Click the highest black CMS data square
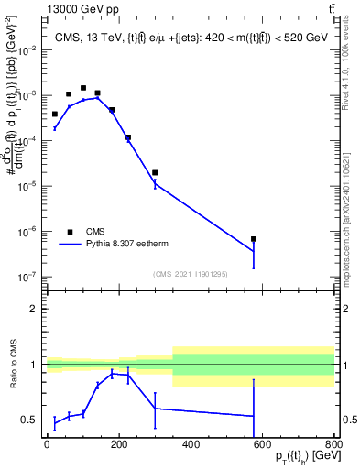pyautogui.click(x=83, y=88)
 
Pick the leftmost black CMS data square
pyautogui.click(x=54, y=114)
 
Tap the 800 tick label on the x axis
pyautogui.click(x=333, y=444)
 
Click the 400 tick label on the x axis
pyautogui.click(x=191, y=444)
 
